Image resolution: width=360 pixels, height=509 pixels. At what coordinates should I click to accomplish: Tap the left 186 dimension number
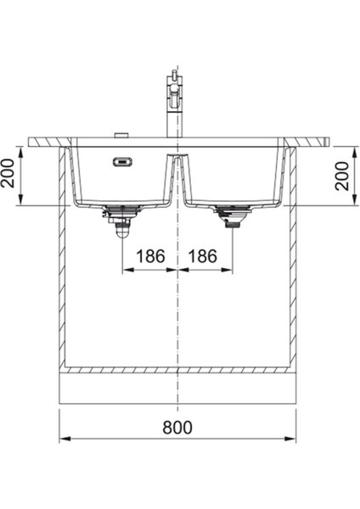pos(149,255)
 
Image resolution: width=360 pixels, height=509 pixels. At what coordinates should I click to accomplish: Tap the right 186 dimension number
pos(204,255)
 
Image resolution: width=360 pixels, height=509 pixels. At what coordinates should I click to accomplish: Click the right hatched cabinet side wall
pos(292,263)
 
